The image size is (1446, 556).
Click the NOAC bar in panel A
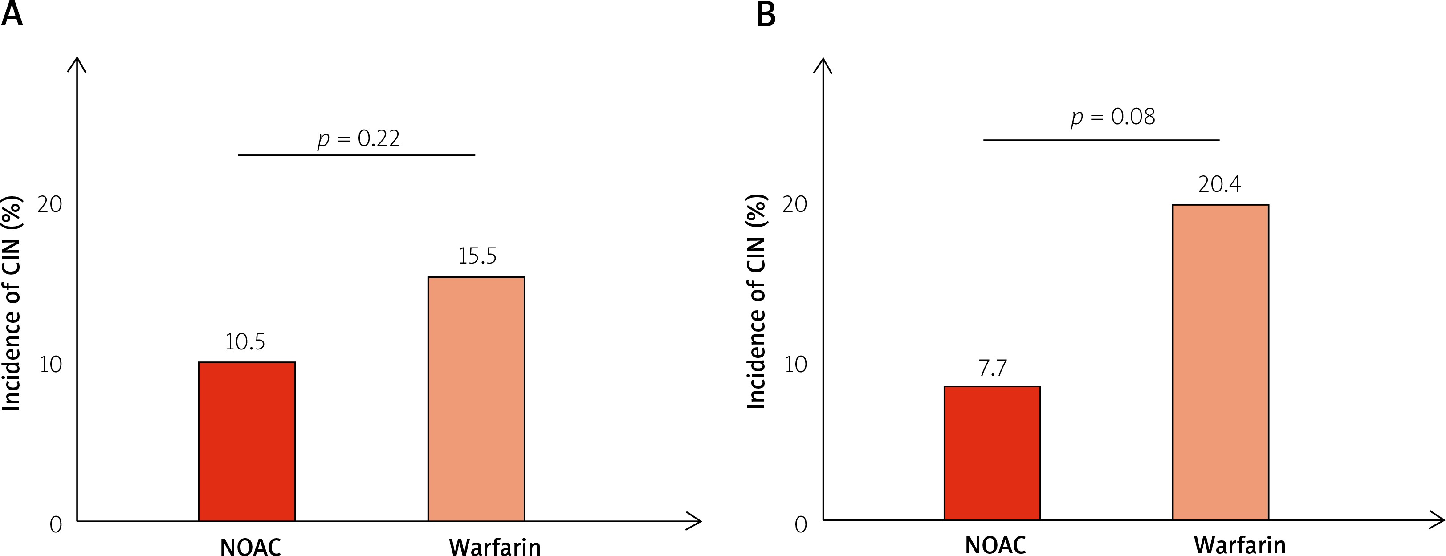click(x=247, y=442)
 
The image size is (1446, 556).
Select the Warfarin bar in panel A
click(x=476, y=399)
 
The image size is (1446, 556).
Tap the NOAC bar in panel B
click(x=992, y=453)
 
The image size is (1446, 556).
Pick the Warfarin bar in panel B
click(x=1220, y=362)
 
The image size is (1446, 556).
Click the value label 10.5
click(x=245, y=342)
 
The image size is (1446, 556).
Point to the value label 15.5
click(x=477, y=256)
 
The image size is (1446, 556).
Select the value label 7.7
click(x=993, y=368)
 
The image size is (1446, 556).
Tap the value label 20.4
click(x=1219, y=184)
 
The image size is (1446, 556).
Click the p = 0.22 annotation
click(x=358, y=138)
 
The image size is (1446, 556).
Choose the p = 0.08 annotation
click(x=1112, y=117)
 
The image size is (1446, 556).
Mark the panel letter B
click(x=766, y=14)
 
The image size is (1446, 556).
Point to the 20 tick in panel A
click(x=49, y=204)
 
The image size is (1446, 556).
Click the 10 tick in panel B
click(x=795, y=365)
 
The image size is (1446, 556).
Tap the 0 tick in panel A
click(x=56, y=524)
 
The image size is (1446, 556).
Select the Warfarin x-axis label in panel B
click(x=1239, y=545)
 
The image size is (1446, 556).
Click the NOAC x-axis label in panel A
click(x=250, y=547)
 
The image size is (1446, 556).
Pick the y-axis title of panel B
click(x=757, y=301)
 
